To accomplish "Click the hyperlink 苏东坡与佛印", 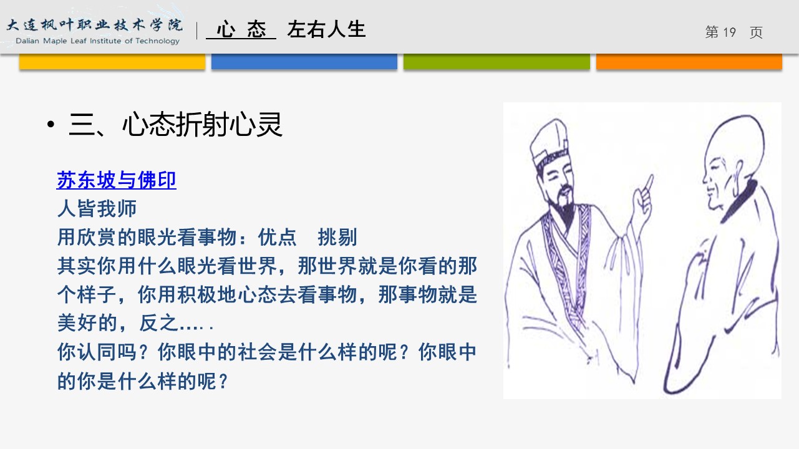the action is (x=116, y=180).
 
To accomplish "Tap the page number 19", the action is (x=729, y=32).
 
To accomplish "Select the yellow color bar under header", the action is (x=112, y=61).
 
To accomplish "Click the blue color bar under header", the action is (x=304, y=61).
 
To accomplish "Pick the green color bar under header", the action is (x=496, y=61).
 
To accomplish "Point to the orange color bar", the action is (x=689, y=61).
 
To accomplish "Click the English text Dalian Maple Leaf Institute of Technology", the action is (x=97, y=41).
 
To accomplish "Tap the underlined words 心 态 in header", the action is (x=241, y=29).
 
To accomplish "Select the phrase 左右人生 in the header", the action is (x=326, y=29).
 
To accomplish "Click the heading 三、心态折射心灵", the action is (x=176, y=125).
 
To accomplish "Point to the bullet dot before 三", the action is (x=51, y=125).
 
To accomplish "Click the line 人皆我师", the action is (x=97, y=209).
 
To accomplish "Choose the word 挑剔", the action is (x=337, y=237).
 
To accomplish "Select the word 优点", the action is (x=277, y=237).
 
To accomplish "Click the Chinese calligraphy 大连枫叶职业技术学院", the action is (x=95, y=25).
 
